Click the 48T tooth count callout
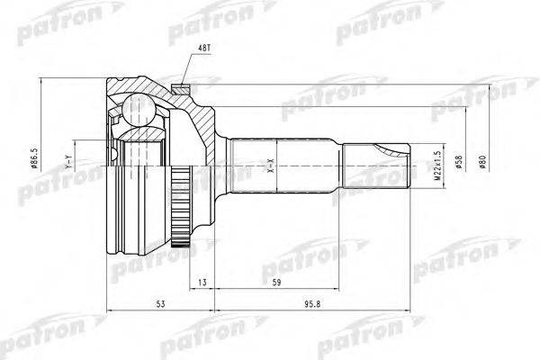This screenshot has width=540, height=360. coord(204,49)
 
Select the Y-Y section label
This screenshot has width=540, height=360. coord(68,163)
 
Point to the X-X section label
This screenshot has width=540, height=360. coord(271,166)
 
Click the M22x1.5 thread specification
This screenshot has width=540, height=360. coord(437,166)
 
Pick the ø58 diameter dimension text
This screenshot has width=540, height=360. coord(459,161)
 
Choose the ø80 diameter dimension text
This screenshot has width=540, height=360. coord(482,161)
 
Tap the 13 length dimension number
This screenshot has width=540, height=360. coord(202,283)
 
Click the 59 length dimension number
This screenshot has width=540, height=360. coord(276,283)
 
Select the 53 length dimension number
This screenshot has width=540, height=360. coord(160,304)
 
